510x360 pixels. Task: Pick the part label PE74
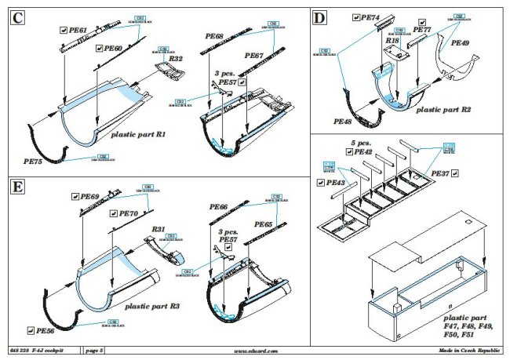click(x=370, y=16)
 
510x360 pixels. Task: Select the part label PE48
click(x=342, y=122)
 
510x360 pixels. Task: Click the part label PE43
click(x=335, y=182)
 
